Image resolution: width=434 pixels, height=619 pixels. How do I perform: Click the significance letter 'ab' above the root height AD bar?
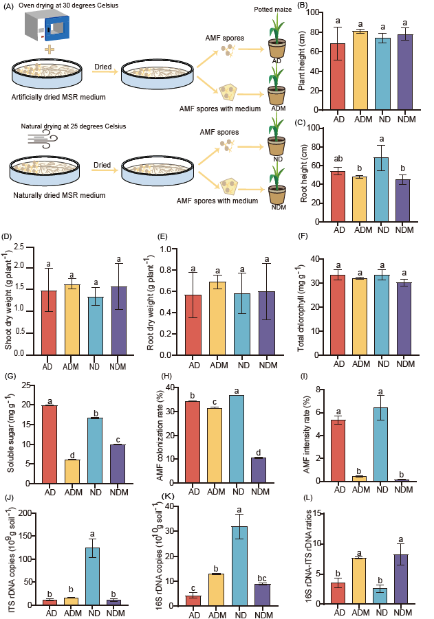(x=338, y=161)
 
